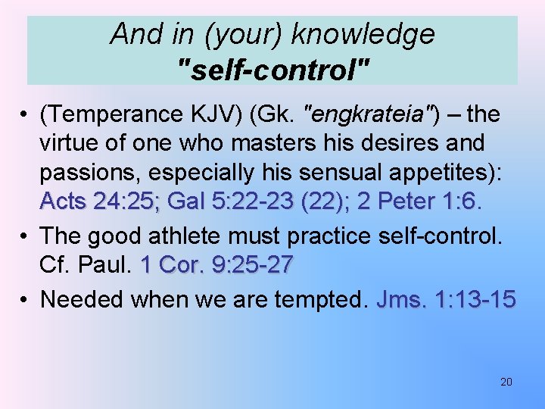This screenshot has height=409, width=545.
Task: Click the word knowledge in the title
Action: tap(363, 34)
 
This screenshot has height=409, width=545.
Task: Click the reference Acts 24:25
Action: tap(99, 202)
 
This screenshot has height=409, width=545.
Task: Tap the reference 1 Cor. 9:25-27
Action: tap(217, 266)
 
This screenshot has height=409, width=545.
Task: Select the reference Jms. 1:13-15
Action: tap(446, 300)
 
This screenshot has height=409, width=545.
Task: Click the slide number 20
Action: tap(506, 382)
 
